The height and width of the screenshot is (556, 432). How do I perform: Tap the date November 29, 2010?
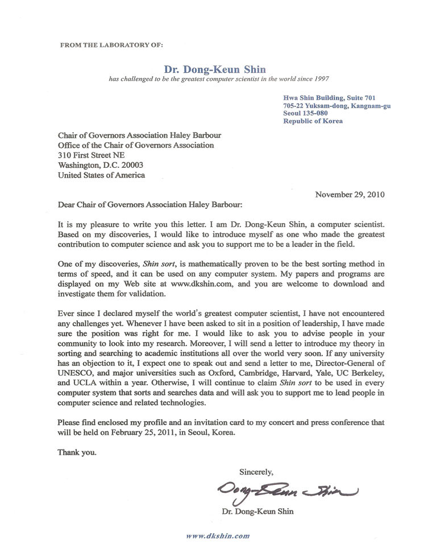(350, 194)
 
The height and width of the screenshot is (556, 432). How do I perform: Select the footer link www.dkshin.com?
(218, 536)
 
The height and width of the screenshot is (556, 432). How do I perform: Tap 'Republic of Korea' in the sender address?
(313, 121)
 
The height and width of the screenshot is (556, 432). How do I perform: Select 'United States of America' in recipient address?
(101, 175)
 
